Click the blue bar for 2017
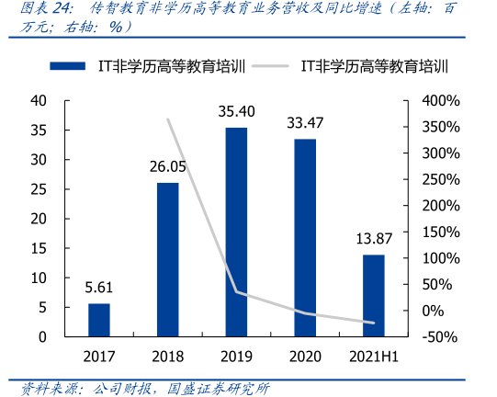click(99, 320)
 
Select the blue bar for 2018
click(167, 259)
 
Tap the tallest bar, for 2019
click(236, 232)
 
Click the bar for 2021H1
click(373, 295)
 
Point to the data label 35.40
click(237, 113)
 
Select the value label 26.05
click(168, 168)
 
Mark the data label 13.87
click(374, 240)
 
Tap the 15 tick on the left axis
click(38, 248)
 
